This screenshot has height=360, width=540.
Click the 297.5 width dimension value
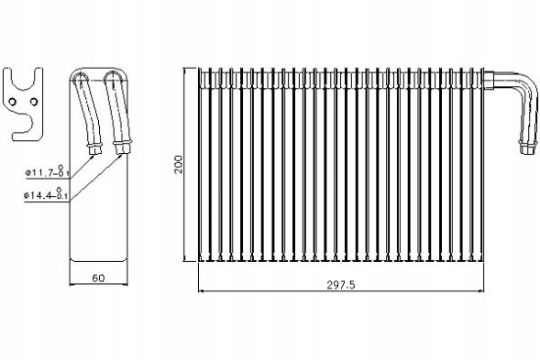(x=340, y=285)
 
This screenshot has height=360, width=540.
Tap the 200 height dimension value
(x=179, y=165)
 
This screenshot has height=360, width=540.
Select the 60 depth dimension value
(x=98, y=278)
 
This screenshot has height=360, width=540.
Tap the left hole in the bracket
(x=13, y=102)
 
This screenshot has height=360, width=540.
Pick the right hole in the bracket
(x=33, y=102)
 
